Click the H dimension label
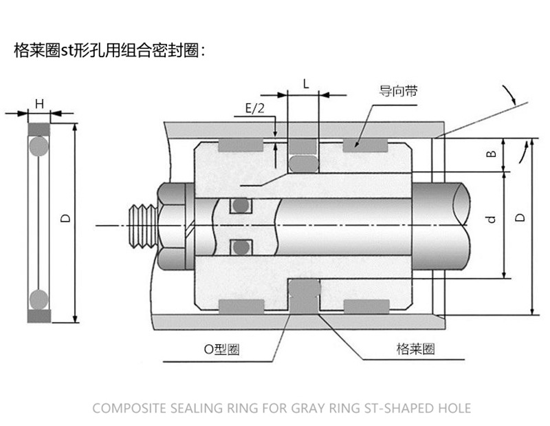(39, 104)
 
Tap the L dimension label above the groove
(305, 84)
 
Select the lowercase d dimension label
(491, 220)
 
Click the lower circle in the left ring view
(39, 299)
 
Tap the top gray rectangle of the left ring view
(39, 129)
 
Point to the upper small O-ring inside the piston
(239, 206)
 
